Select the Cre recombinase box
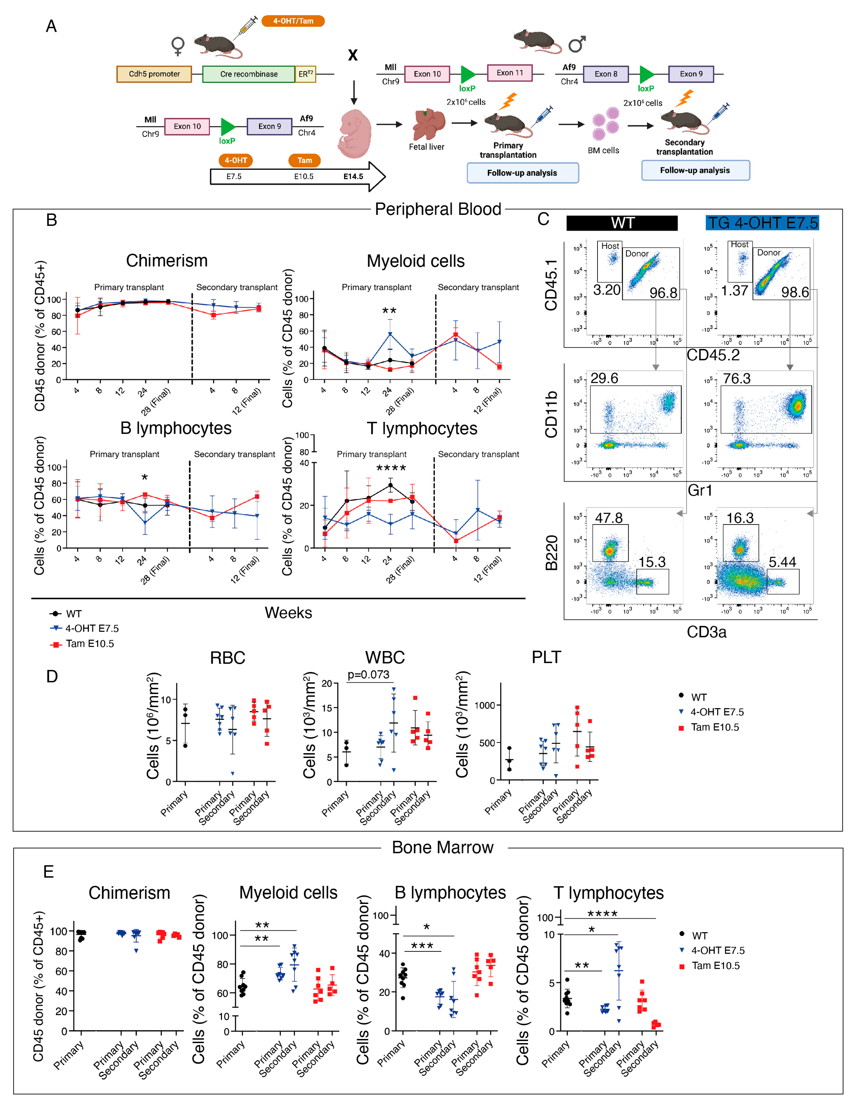click(x=248, y=74)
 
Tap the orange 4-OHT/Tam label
click(x=293, y=21)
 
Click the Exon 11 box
click(x=509, y=73)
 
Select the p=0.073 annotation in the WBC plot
click(x=368, y=674)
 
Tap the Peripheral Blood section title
click(x=438, y=209)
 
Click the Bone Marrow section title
click(x=443, y=848)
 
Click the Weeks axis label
click(x=288, y=613)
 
